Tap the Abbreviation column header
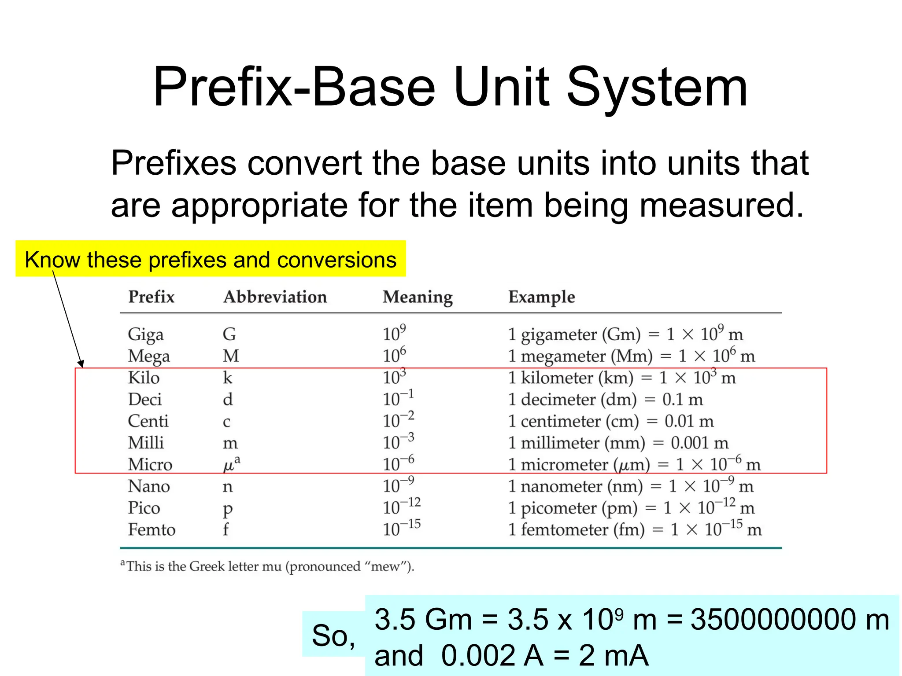tap(275, 297)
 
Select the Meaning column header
tap(418, 297)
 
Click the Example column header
tap(541, 297)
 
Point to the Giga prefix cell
tap(145, 334)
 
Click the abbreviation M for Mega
tap(231, 356)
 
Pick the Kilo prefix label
tap(144, 378)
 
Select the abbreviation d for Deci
tap(227, 400)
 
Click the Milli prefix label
tap(146, 443)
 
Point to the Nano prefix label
tap(149, 486)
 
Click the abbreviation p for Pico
tap(227, 509)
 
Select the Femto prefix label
tap(152, 529)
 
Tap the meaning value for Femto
tap(401, 528)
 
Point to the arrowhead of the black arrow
tap(81, 364)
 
